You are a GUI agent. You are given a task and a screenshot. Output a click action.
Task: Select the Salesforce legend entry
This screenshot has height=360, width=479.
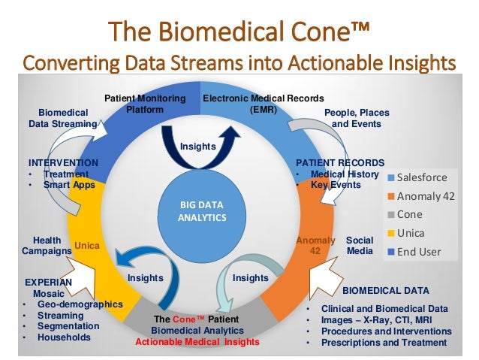[421, 178]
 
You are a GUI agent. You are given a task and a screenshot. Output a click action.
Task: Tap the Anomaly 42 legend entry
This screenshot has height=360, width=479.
[425, 196]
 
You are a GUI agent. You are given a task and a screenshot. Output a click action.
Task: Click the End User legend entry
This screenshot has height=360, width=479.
[418, 251]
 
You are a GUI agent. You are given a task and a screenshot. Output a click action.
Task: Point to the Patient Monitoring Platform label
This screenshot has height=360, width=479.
[144, 104]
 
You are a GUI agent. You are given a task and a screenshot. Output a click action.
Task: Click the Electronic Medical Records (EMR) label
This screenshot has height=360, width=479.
[264, 104]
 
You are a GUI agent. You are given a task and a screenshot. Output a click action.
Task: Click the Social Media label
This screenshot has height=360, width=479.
[359, 246]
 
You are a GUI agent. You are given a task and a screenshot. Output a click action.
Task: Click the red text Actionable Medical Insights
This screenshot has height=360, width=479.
[197, 342]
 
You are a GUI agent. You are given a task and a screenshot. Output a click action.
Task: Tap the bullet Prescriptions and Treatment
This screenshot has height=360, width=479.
[384, 343]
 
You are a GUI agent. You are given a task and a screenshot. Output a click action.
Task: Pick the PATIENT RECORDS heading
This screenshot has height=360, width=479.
[340, 162]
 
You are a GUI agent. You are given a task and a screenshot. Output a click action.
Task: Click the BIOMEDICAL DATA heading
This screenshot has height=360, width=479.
[386, 290]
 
